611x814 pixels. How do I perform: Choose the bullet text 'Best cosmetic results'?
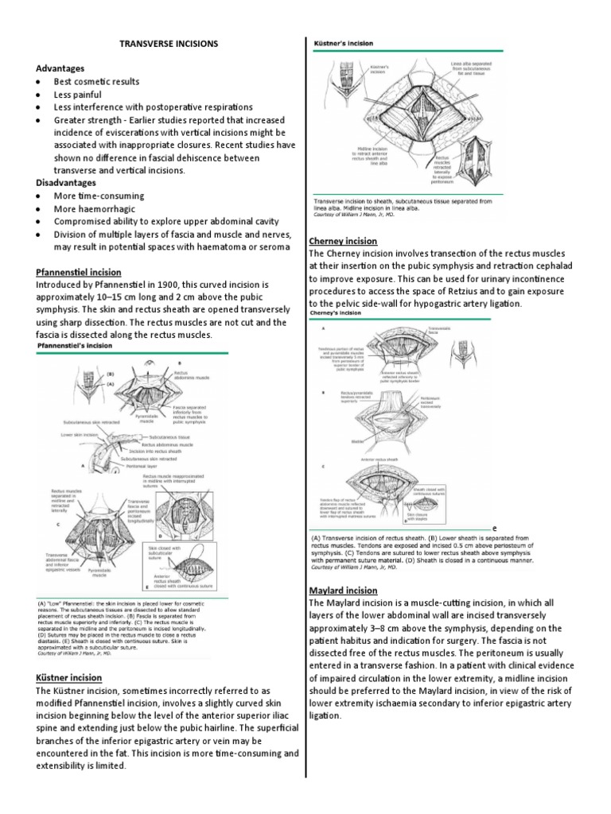pyautogui.click(x=96, y=81)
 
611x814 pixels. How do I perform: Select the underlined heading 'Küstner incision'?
pyautogui.click(x=68, y=677)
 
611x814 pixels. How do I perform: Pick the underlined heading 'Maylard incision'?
pyautogui.click(x=342, y=591)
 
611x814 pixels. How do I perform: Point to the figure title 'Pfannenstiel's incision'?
pyautogui.click(x=78, y=347)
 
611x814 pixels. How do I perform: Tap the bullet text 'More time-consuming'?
pyautogui.click(x=99, y=196)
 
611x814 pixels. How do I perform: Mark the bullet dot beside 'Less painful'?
pyautogui.click(x=38, y=95)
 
